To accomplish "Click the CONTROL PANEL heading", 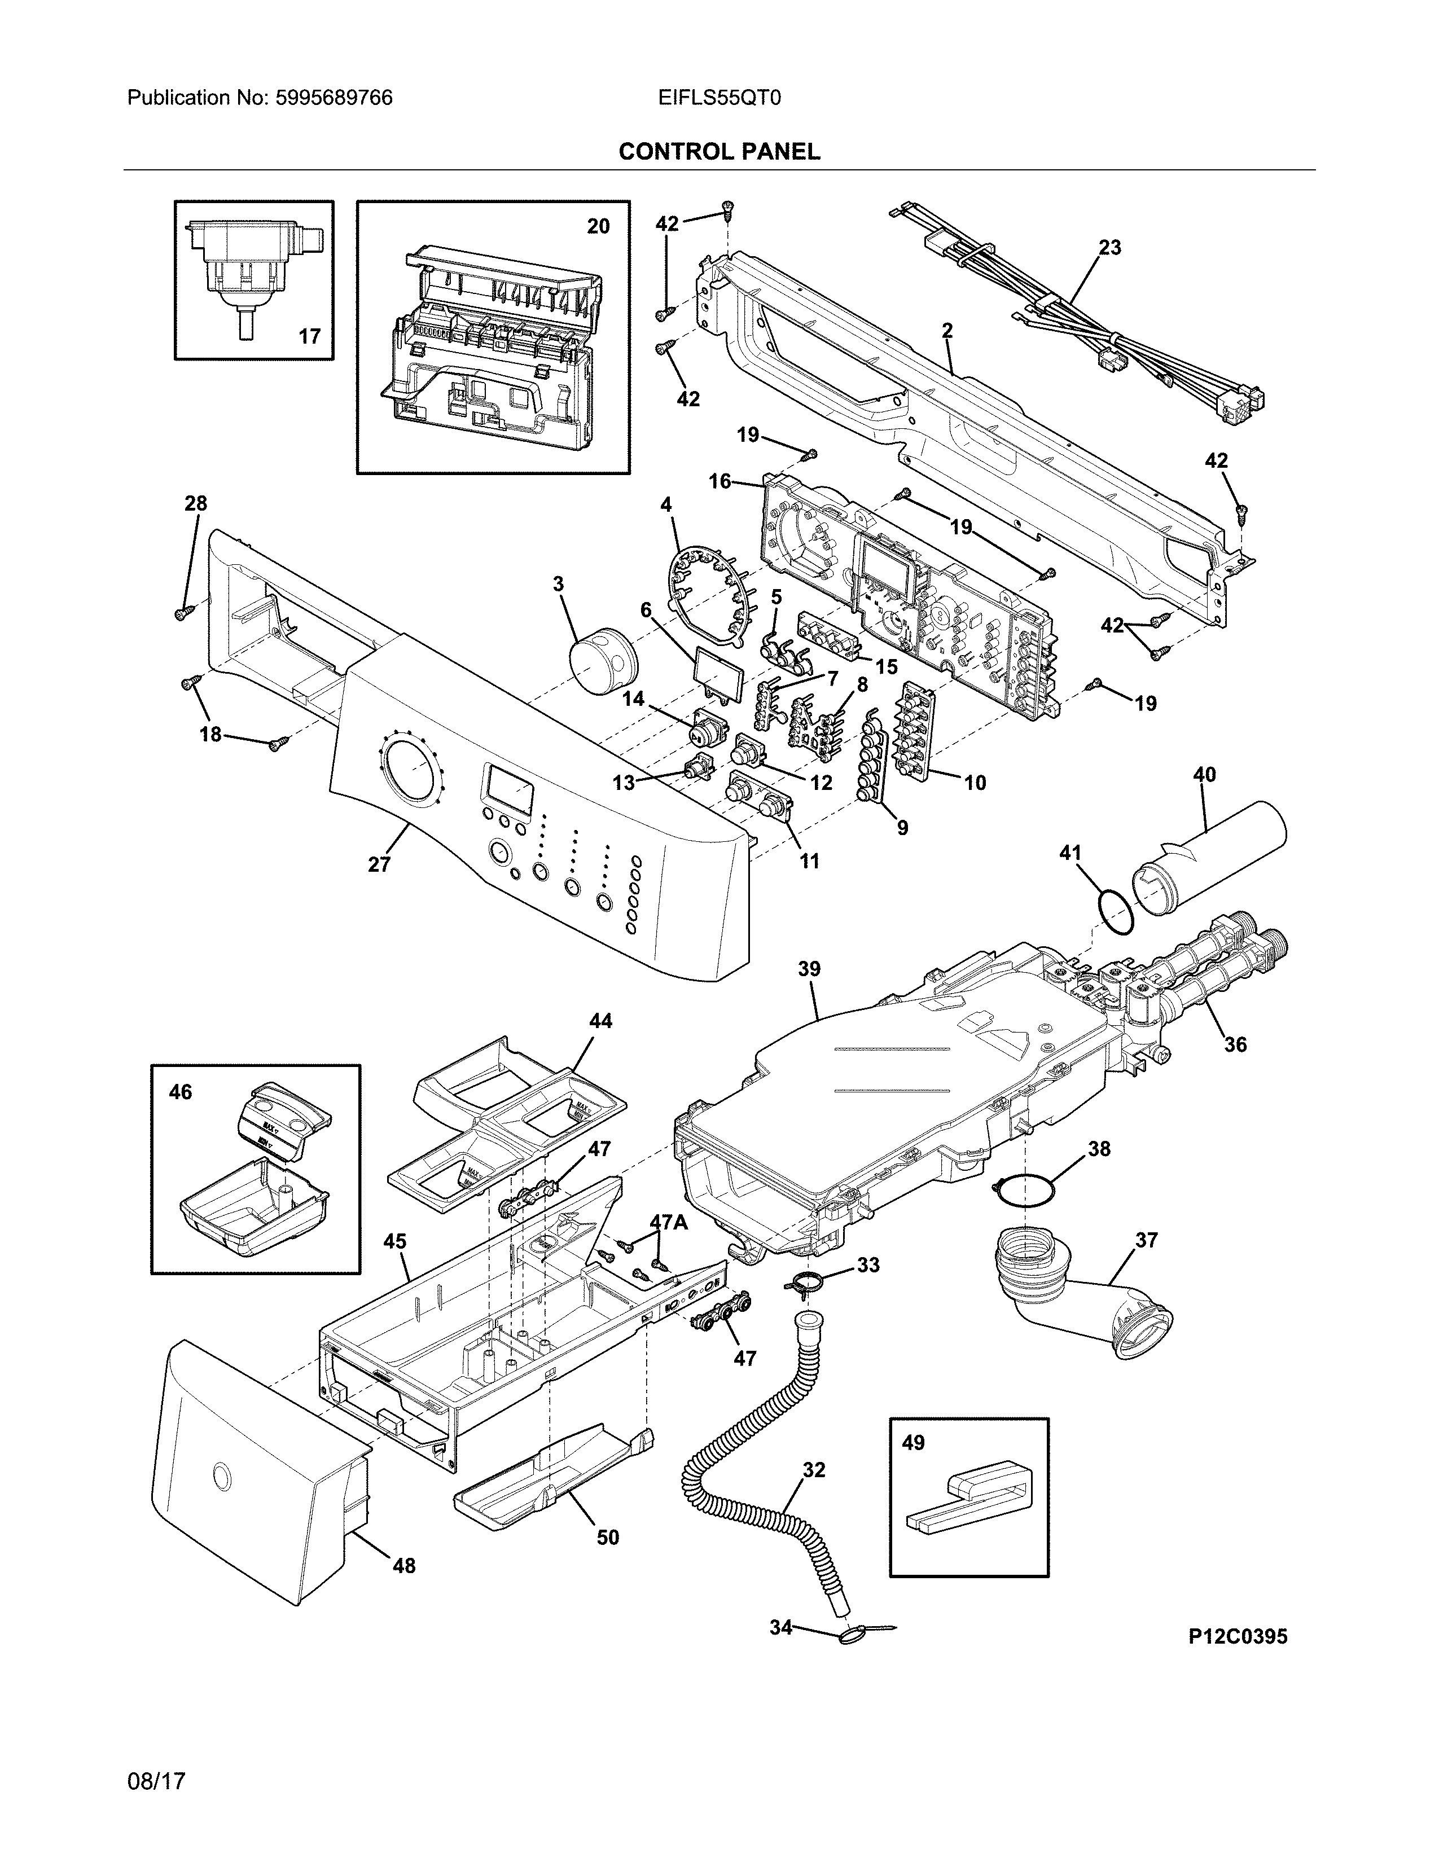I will pos(718,152).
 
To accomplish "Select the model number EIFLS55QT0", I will pos(718,98).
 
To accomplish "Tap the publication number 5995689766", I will pos(334,98).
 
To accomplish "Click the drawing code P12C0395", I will pos(1238,1636).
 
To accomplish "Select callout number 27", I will pos(379,864).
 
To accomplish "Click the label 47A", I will pos(668,1222).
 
